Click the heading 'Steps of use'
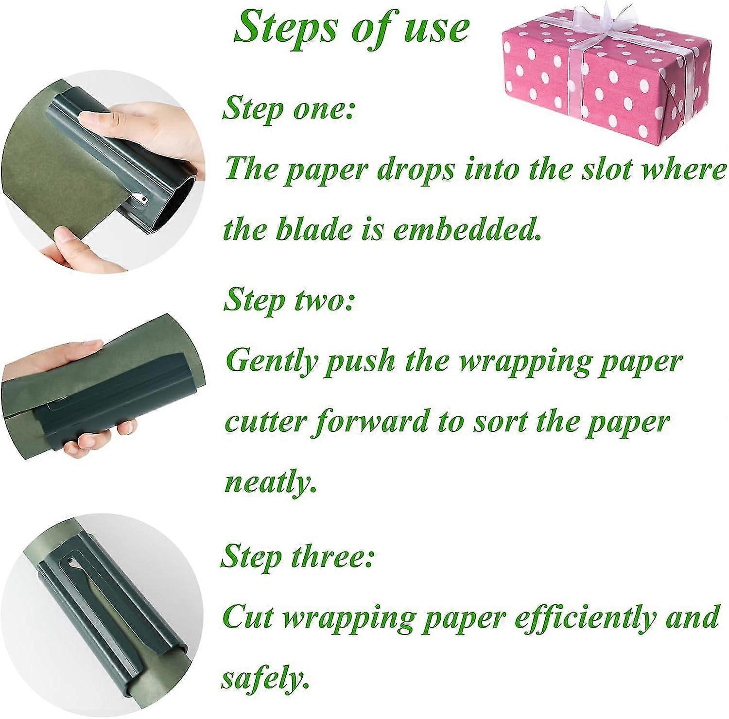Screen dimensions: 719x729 click(351, 28)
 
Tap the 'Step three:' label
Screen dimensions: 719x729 click(296, 557)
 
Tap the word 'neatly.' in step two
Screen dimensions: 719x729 click(267, 482)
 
